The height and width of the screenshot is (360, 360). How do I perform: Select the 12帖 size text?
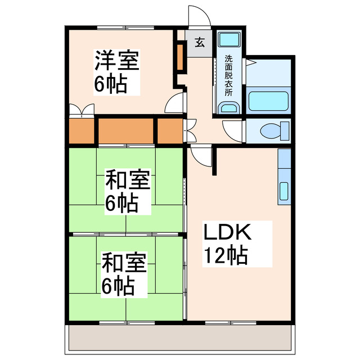(224, 256)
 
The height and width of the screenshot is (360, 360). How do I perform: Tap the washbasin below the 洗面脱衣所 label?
(228, 107)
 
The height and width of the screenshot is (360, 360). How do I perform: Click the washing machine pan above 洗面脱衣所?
(228, 40)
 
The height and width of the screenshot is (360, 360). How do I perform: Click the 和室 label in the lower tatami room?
(124, 262)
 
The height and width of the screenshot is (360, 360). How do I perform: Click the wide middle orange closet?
(127, 131)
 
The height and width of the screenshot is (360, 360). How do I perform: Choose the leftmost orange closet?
(81, 131)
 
